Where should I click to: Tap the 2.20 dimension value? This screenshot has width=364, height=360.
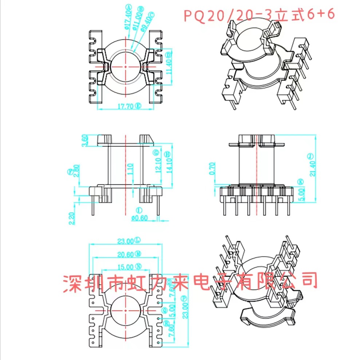click(x=71, y=218)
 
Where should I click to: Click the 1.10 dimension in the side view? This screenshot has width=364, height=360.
click(x=130, y=169)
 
